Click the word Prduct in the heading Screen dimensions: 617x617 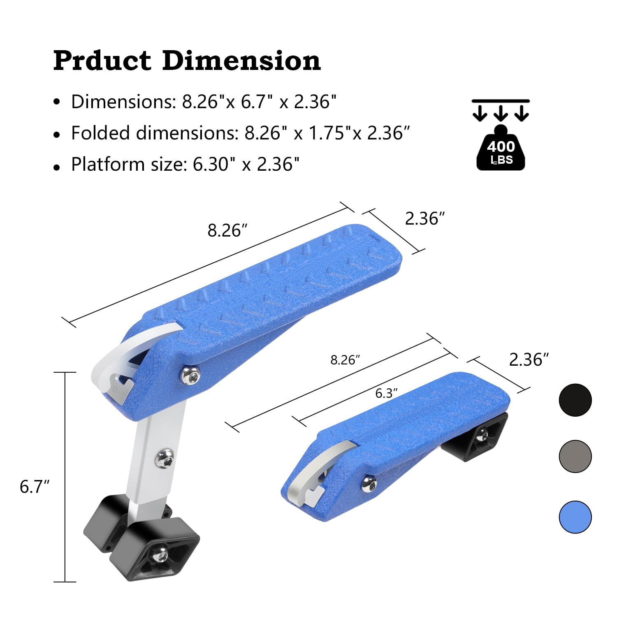[102, 61]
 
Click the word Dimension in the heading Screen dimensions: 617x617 [241, 60]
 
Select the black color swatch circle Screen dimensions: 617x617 [575, 400]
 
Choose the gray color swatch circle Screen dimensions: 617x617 [575, 456]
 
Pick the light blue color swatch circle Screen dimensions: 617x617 [575, 517]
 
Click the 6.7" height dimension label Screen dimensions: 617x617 [35, 487]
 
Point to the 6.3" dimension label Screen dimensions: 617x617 [386, 394]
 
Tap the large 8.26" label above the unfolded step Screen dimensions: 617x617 [227, 230]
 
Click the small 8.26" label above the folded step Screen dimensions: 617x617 [346, 360]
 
